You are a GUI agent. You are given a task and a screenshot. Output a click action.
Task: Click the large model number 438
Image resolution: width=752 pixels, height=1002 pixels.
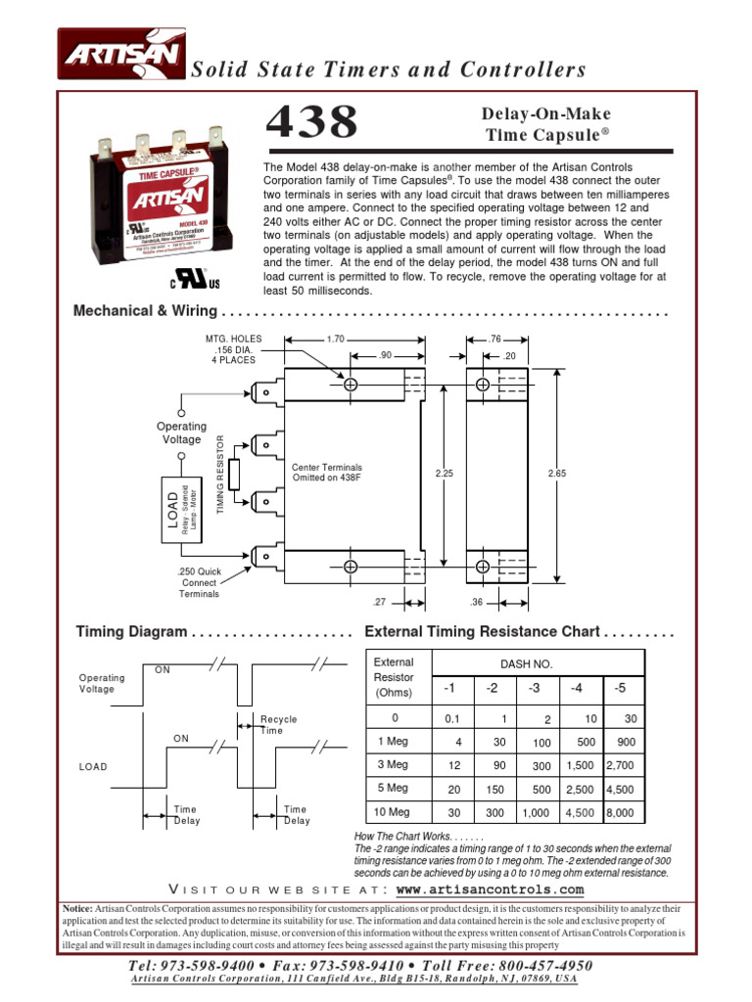click(x=313, y=124)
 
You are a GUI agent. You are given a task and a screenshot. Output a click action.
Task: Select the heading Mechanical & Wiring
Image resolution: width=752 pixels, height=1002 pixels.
click(x=146, y=312)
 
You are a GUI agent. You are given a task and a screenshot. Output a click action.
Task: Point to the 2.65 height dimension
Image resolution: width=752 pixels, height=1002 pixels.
click(x=557, y=472)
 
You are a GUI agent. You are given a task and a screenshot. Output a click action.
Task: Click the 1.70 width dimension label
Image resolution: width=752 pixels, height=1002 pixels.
click(x=335, y=340)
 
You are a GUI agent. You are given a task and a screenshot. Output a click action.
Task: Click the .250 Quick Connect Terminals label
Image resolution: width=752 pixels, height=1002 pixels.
click(x=199, y=582)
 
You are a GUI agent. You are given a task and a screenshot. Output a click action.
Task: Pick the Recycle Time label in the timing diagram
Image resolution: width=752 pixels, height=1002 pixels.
click(x=278, y=725)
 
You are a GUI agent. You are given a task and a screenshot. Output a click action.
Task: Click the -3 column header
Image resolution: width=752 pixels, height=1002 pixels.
click(x=534, y=689)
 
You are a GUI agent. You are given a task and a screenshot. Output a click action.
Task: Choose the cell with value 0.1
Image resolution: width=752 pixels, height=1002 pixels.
click(x=451, y=718)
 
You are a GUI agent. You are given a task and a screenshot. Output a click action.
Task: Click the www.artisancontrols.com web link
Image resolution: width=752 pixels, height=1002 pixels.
click(x=490, y=889)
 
